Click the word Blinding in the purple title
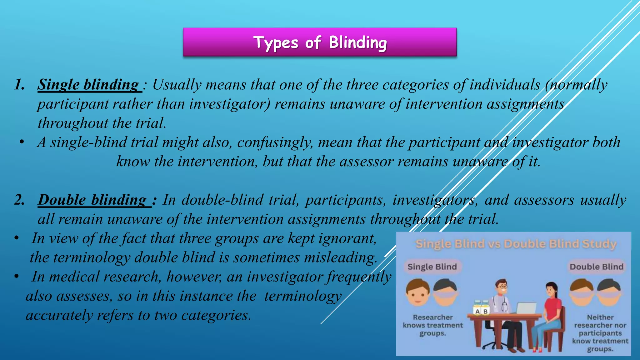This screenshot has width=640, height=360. [x=358, y=42]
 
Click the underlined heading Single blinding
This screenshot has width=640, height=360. [x=88, y=85]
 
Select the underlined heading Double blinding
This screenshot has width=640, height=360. [x=92, y=200]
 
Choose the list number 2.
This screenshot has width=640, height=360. [x=19, y=200]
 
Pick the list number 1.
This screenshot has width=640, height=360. [x=19, y=85]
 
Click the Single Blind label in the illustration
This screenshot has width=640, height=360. [x=432, y=267]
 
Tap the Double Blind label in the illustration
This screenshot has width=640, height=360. [x=596, y=267]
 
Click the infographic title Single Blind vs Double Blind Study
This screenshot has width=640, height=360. [x=516, y=244]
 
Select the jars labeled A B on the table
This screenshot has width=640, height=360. [x=481, y=307]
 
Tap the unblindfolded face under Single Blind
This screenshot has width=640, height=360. [x=418, y=292]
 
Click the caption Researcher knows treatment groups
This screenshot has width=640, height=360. [x=432, y=325]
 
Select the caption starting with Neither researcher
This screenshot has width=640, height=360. [x=600, y=333]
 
